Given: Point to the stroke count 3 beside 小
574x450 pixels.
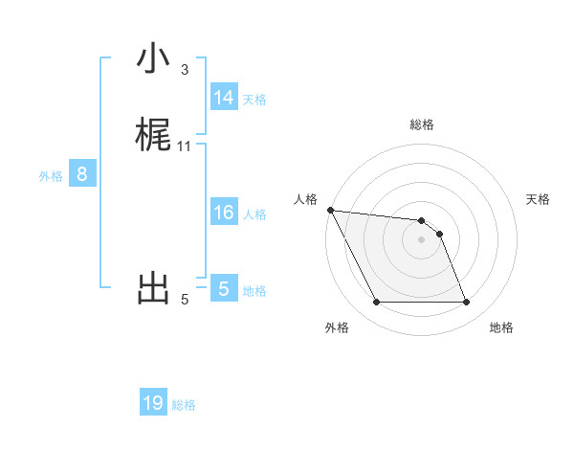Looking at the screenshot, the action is tap(185, 70).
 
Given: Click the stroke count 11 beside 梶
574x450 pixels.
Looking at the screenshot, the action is tap(185, 146).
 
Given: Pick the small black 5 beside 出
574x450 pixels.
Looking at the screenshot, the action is tap(185, 300).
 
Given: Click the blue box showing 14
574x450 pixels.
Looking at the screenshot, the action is tap(223, 98).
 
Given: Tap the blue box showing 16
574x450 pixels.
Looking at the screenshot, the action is tap(223, 213).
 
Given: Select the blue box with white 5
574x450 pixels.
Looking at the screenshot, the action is tap(223, 289).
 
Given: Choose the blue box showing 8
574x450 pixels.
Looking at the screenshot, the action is tap(82, 174).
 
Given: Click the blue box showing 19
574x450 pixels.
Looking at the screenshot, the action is tap(153, 403).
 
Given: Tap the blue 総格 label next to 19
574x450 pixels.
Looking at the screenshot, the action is tap(184, 405).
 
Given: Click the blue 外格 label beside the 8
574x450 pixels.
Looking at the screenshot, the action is tap(51, 176).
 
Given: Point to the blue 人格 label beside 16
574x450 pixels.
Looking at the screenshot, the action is tap(254, 214).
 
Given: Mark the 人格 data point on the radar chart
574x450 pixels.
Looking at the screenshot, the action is tap(330, 210).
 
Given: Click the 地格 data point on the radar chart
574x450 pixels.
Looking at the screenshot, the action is tap(466, 303).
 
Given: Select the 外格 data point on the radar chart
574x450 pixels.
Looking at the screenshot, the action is tap(376, 303).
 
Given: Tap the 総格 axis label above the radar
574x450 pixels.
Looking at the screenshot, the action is tap(422, 124).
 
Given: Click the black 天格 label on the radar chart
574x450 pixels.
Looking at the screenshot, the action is tap(539, 199).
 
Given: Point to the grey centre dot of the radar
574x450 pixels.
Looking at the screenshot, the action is tap(422, 239).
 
